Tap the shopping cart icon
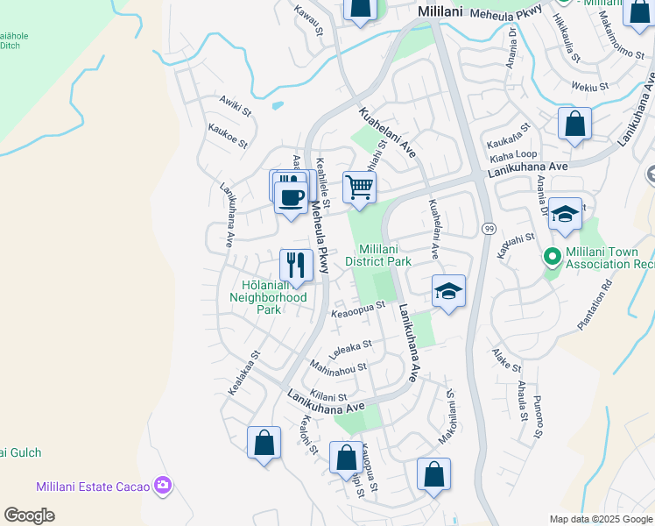pos(360,187)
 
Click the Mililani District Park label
pos(377,255)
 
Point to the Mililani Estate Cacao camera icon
pos(161,485)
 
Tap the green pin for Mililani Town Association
pos(552,258)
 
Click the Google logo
pos(30,515)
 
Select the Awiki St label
pos(235,111)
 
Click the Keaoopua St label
pos(356,309)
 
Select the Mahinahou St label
pos(336,364)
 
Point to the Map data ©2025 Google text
pos(601,519)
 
